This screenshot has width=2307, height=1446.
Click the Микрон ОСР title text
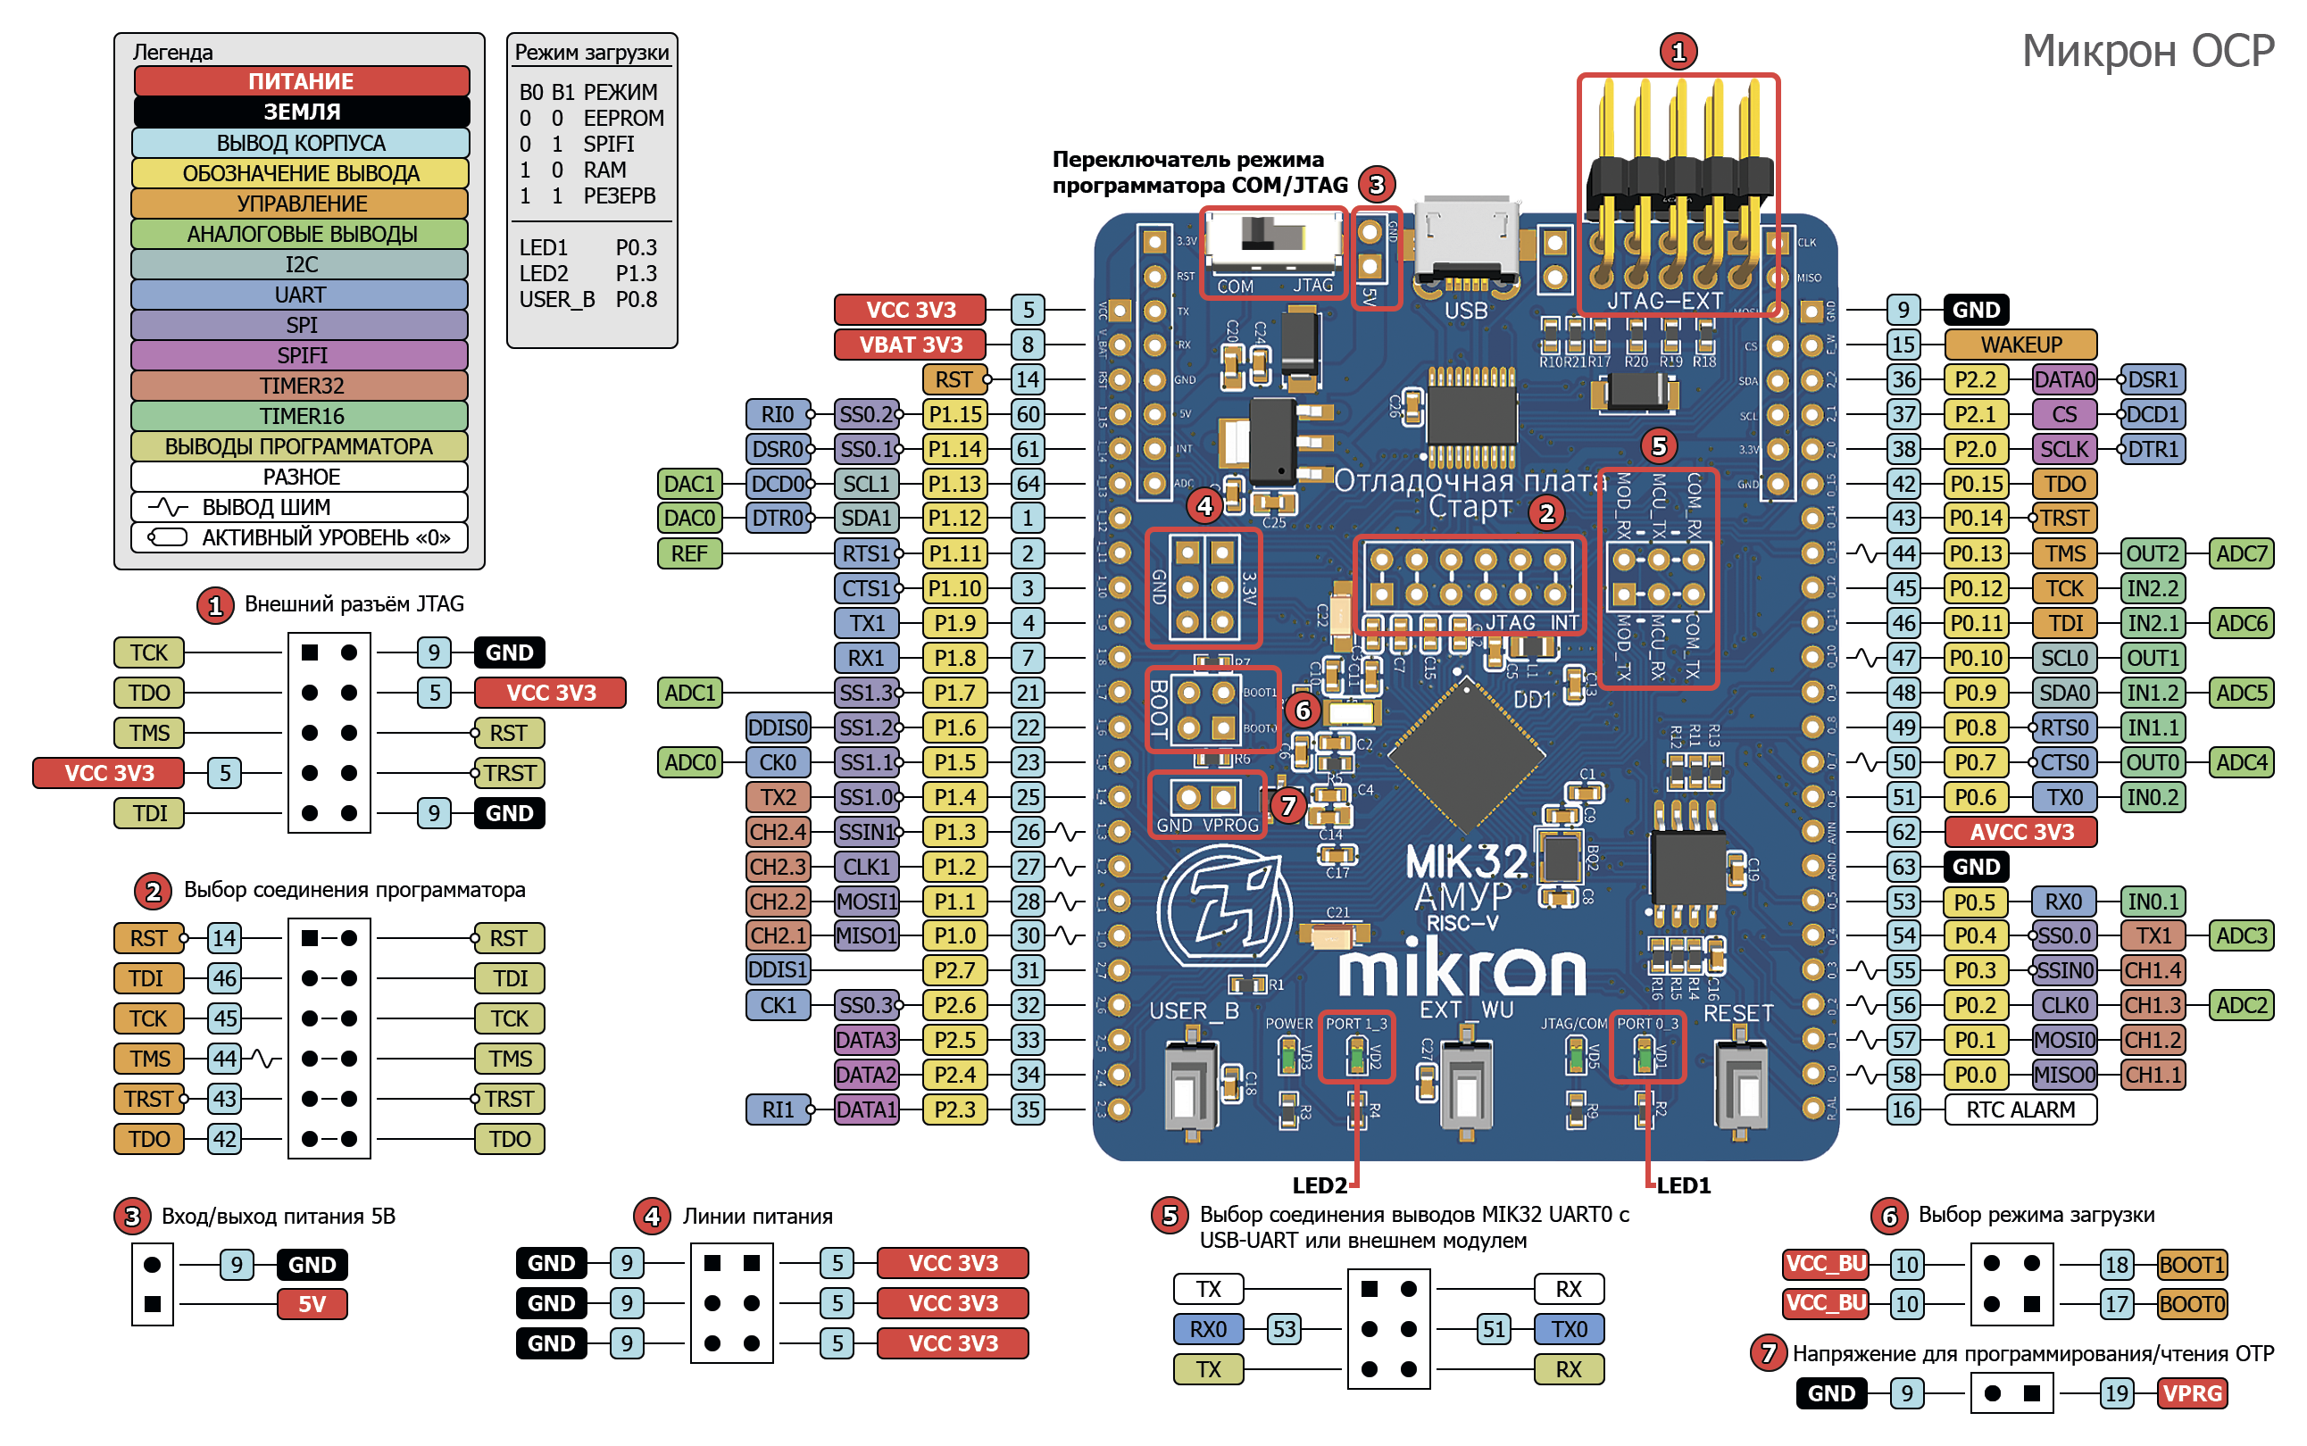pos(2146,52)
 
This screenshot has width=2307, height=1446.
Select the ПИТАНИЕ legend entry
pos(301,81)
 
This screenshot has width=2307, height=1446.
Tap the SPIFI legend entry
pos(301,355)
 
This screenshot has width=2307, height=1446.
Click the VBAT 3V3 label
pos(910,345)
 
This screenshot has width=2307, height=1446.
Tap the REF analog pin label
pos(688,553)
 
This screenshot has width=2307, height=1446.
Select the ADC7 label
pos(2240,553)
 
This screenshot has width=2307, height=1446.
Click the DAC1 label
pos(688,484)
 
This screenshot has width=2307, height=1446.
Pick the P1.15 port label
pos(954,414)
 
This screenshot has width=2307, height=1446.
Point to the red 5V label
pos(312,1304)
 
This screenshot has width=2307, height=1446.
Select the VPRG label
pos(2191,1392)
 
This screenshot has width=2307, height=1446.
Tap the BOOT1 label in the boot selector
pos(2191,1264)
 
